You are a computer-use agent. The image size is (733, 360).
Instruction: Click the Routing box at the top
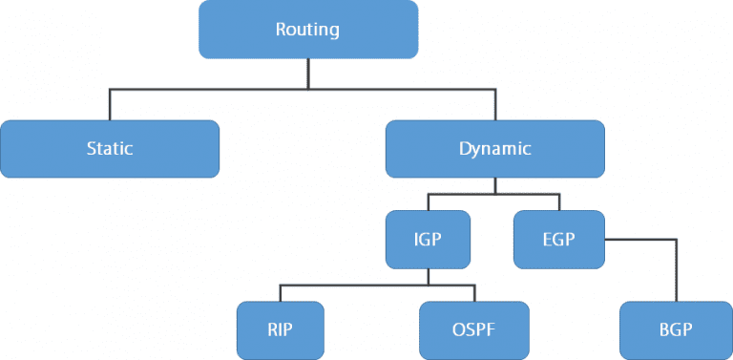tap(307, 29)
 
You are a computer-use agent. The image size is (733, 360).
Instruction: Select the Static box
tap(110, 149)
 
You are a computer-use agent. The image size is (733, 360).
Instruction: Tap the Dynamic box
tap(494, 149)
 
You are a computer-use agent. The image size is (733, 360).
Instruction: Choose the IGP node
tap(428, 239)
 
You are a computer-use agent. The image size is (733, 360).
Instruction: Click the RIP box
tap(280, 329)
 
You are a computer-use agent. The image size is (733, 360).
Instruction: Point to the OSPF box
tap(474, 329)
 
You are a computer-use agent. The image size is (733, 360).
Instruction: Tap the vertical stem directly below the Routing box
tap(307, 73)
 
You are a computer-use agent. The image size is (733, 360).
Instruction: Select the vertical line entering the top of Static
tap(110, 104)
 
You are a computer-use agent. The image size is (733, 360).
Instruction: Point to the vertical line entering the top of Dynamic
tap(494, 104)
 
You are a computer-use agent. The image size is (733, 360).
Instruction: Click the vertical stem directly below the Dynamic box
tap(494, 186)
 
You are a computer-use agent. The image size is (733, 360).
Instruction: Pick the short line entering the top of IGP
tap(428, 202)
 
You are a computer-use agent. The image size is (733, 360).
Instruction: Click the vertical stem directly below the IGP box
tap(428, 276)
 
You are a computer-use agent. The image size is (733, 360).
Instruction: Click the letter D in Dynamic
tap(464, 149)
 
